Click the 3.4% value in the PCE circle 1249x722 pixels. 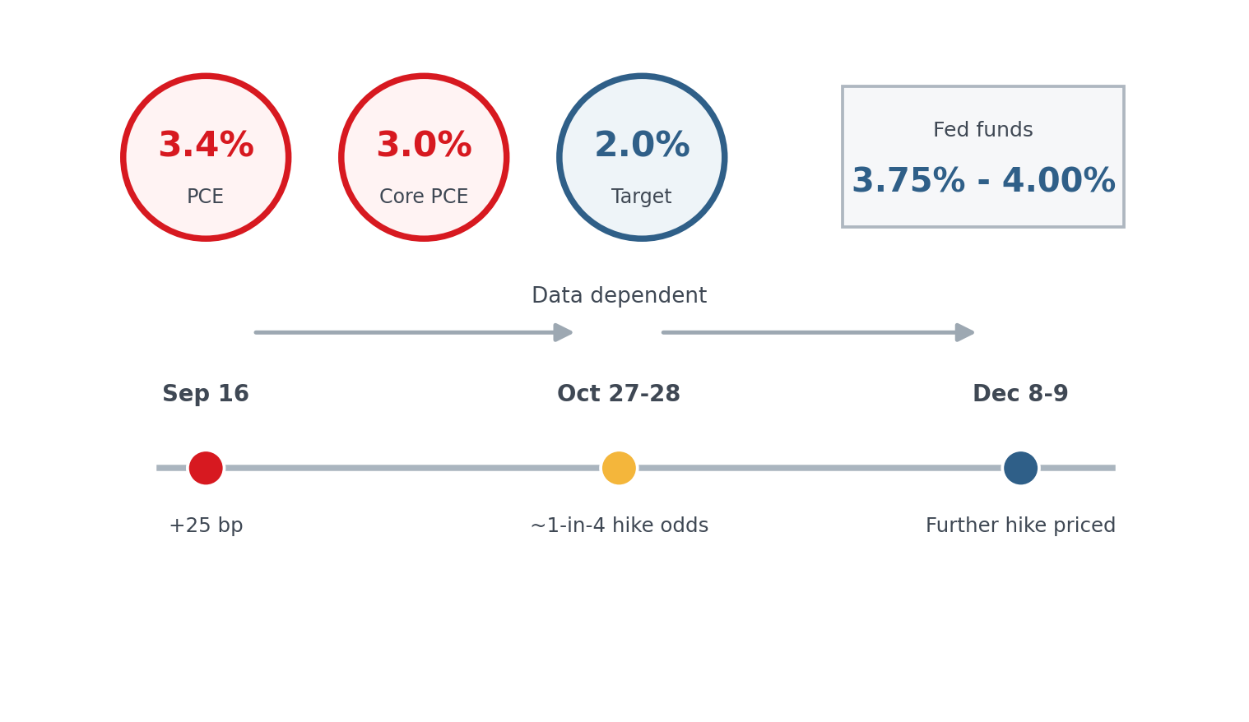point(207,145)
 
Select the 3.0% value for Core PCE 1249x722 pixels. point(425,145)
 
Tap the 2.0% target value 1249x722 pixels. point(643,145)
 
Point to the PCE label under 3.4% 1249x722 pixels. point(205,197)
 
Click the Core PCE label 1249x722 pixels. point(424,197)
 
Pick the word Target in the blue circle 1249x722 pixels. point(641,197)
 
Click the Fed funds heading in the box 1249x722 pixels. point(983,130)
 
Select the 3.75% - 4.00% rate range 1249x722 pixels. point(983,181)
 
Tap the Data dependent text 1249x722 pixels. point(619,295)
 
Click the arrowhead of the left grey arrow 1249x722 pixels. point(563,332)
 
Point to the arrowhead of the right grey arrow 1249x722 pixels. point(964,332)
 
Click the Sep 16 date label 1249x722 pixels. point(206,394)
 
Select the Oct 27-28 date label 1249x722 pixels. point(619,394)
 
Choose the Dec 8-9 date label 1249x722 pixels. point(1020,394)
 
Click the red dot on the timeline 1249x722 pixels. point(206,468)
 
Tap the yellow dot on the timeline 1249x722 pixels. point(619,468)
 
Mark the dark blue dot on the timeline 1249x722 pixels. point(1021,468)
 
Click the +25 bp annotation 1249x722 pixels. point(206,525)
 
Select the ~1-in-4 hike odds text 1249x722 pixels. point(620,525)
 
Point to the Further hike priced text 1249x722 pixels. point(1020,525)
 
